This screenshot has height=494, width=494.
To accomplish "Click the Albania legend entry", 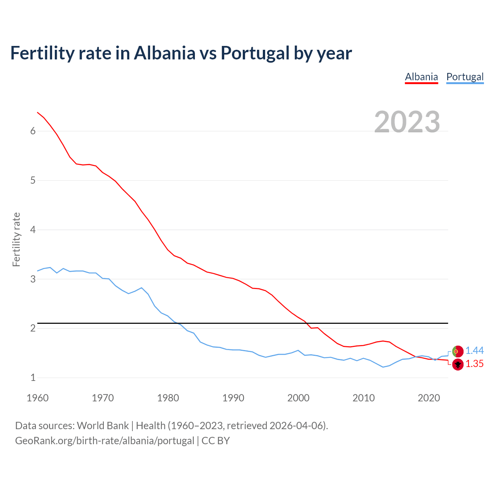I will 421,77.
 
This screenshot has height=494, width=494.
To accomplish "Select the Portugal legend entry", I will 465,77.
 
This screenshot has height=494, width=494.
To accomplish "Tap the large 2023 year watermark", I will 407,122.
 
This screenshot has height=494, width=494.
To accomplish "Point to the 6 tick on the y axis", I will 33,131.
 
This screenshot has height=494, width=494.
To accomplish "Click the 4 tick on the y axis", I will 33,230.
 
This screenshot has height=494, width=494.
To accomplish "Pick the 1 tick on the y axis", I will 33,377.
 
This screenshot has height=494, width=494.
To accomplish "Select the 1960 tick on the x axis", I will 37,398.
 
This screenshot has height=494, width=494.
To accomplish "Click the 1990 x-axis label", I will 233,398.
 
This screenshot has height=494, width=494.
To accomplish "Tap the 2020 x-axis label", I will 429,398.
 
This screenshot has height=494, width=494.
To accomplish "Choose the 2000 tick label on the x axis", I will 298,398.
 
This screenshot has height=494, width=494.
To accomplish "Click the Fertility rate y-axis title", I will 16,239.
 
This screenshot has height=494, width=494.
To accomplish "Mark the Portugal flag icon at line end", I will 458,351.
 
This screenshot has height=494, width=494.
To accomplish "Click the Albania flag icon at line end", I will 458,364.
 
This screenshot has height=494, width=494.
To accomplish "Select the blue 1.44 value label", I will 474,350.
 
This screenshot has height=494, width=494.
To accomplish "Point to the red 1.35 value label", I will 474,364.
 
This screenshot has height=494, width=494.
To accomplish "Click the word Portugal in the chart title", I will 255,53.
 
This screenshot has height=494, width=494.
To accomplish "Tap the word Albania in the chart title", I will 165,53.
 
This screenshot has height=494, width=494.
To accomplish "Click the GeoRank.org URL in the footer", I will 105,441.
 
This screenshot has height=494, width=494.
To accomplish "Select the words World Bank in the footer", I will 103,426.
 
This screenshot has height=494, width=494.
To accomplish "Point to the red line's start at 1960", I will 37,112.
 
